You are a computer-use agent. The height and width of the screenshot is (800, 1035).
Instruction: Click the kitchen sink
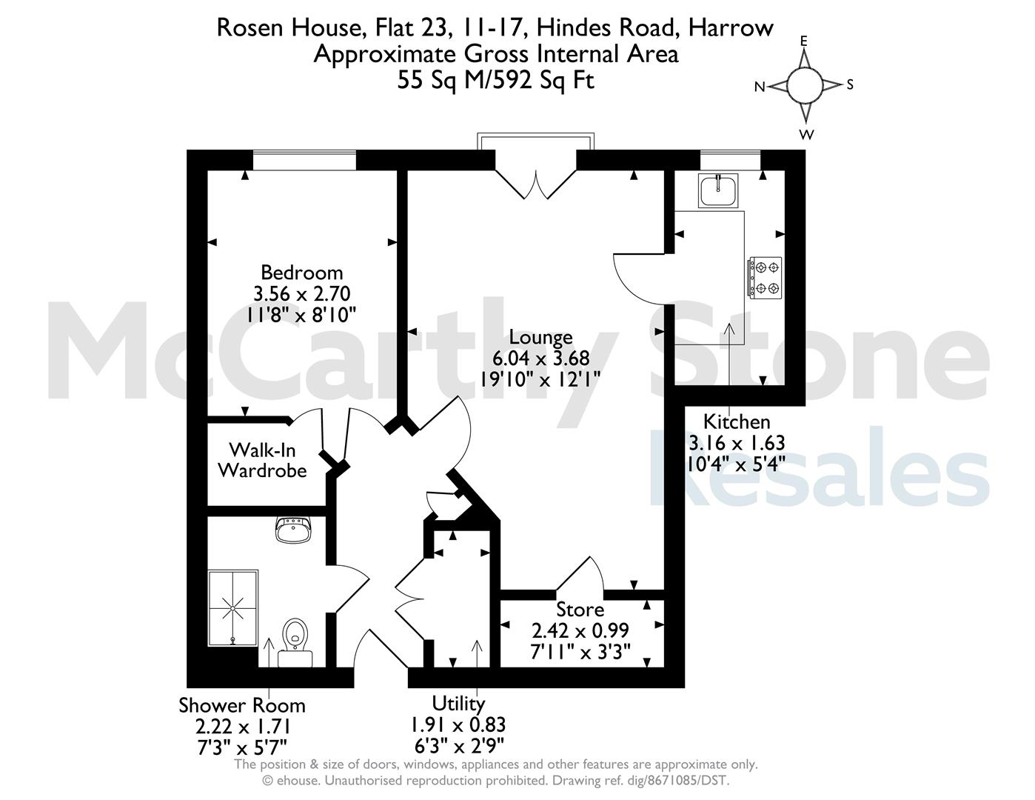click(x=718, y=190)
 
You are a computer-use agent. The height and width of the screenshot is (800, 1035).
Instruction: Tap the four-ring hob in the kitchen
click(x=766, y=278)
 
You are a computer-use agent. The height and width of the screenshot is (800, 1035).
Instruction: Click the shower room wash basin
click(x=293, y=530)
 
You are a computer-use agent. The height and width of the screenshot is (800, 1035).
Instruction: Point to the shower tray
click(x=233, y=608)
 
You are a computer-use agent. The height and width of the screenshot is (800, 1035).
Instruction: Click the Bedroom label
click(x=302, y=273)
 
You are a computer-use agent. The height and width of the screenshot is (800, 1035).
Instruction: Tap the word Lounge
click(x=540, y=337)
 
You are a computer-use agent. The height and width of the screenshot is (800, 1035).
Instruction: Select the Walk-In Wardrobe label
click(x=262, y=460)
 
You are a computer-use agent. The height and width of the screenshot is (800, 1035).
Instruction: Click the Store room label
click(x=580, y=610)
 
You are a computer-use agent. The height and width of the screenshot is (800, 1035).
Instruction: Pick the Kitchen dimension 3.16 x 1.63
click(x=737, y=443)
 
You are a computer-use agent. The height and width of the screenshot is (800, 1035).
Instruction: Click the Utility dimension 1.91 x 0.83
click(x=458, y=724)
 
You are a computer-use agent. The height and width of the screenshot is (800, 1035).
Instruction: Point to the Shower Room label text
click(x=242, y=705)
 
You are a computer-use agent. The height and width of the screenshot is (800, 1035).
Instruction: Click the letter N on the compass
click(x=760, y=87)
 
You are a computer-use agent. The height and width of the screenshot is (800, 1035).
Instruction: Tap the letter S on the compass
click(x=850, y=85)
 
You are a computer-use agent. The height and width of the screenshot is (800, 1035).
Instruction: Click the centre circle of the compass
click(x=805, y=85)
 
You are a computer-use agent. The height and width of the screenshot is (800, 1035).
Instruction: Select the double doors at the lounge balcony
click(x=536, y=184)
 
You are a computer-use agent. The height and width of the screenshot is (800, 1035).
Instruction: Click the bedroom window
click(x=304, y=159)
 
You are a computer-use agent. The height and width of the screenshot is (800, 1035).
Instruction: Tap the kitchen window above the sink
click(x=730, y=159)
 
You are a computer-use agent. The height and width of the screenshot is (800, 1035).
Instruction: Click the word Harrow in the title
click(x=731, y=27)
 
